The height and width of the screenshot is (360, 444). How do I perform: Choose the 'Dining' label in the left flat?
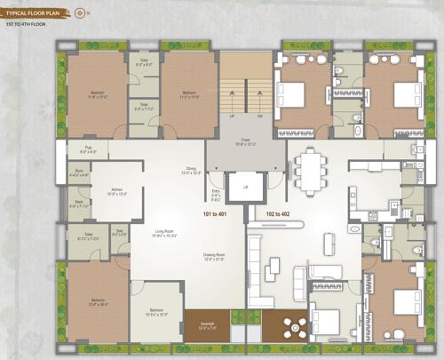[x=190, y=169]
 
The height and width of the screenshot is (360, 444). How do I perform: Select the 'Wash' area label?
[x=78, y=203]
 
